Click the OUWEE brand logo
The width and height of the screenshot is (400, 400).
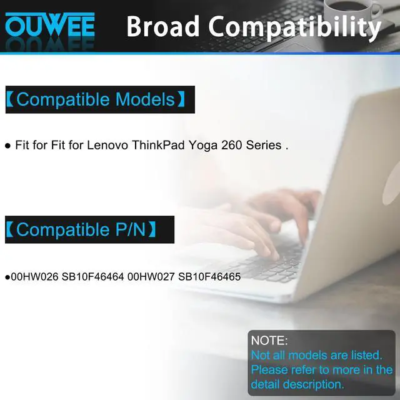[49, 26]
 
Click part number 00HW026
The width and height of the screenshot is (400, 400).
[33, 276]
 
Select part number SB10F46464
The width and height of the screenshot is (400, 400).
[92, 276]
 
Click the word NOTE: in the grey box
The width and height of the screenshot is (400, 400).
[269, 341]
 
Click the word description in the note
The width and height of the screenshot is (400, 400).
[312, 384]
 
